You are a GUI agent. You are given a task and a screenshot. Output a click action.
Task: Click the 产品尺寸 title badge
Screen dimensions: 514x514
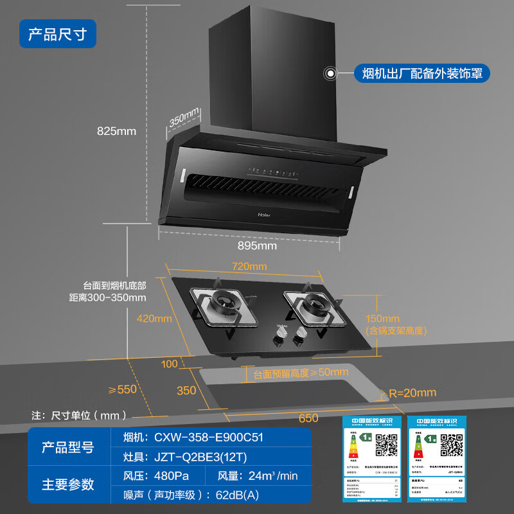pos(57,33)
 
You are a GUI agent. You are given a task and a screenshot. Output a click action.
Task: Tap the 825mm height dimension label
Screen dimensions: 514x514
pos(116,131)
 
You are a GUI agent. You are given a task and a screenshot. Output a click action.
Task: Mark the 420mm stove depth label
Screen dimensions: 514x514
pos(154,319)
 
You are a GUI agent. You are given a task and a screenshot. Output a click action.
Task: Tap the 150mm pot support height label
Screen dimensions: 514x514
pos(382,319)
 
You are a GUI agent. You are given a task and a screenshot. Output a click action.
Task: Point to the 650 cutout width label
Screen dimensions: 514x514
pos(308,418)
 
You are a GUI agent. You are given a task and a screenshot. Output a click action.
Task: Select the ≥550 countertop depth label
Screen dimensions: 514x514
pos(122,389)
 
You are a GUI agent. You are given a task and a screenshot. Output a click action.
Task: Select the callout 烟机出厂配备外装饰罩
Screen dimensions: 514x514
pos(421,73)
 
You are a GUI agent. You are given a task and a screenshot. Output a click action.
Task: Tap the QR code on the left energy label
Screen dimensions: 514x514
pos(386,444)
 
